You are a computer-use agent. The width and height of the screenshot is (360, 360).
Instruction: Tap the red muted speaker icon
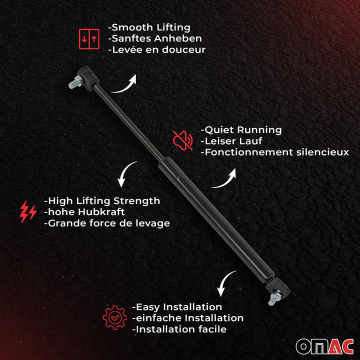[182, 140]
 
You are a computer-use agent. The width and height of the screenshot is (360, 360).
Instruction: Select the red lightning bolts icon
[27, 211]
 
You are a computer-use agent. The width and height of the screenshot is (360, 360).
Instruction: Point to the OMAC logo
[324, 345]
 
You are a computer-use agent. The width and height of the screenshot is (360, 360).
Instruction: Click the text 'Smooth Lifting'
[151, 27]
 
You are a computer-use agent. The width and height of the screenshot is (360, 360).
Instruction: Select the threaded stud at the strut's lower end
[273, 300]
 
